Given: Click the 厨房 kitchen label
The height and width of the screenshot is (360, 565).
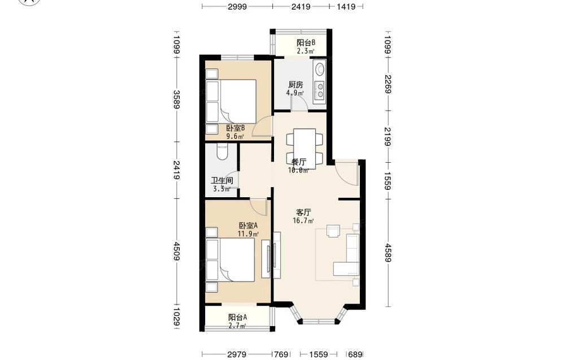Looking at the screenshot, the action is click(295, 85).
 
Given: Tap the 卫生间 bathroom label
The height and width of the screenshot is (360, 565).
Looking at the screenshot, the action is click(221, 180).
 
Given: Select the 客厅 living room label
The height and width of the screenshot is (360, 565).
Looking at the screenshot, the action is click(303, 212).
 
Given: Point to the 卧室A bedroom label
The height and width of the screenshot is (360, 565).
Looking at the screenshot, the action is click(248, 225).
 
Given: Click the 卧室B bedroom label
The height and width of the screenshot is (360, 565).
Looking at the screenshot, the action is click(235, 128).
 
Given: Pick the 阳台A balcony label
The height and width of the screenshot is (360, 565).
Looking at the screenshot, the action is click(237, 318).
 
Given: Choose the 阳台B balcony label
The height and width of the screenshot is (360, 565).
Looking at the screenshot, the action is click(306, 42).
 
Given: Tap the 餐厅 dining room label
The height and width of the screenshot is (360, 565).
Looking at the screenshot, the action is click(299, 162).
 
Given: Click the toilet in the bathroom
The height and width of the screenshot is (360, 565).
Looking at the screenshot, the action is click(222, 151).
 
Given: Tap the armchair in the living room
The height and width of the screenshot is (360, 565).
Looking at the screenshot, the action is click(333, 231).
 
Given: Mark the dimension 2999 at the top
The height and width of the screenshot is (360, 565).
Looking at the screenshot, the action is click(237, 6).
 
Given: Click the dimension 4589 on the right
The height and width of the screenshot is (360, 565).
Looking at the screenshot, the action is click(388, 253).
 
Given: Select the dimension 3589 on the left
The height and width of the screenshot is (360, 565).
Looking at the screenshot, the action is click(176, 99).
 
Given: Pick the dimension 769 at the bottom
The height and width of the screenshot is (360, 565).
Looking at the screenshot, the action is click(281, 354).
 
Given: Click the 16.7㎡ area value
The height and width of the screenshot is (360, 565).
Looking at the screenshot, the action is click(303, 220).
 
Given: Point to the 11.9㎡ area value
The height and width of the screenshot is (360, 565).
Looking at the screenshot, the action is click(248, 234).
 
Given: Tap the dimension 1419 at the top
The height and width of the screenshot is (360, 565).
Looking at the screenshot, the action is click(346, 6).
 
